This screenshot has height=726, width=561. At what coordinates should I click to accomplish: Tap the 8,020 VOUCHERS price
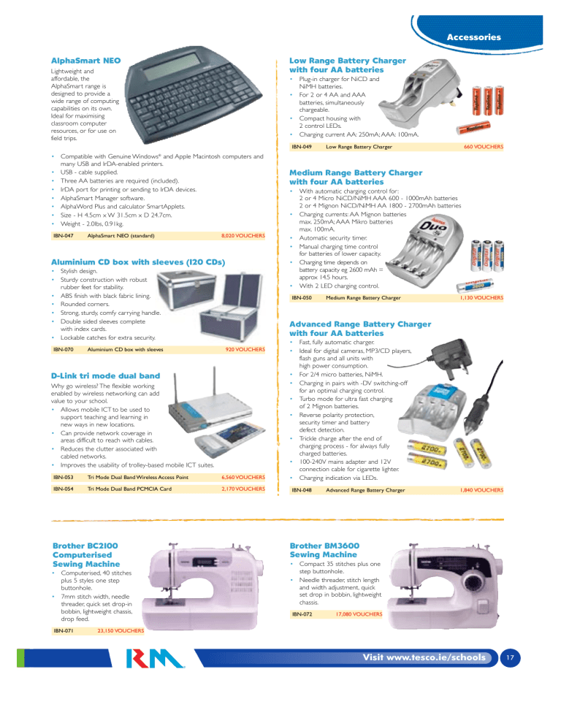pyautogui.click(x=243, y=236)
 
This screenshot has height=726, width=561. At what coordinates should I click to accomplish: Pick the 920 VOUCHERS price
pyautogui.click(x=245, y=350)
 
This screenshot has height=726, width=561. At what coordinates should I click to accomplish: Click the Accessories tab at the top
pyautogui.click(x=473, y=36)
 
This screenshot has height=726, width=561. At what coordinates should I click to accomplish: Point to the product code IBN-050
pyautogui.click(x=302, y=297)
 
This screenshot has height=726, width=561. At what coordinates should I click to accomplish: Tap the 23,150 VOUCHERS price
pyautogui.click(x=120, y=629)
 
